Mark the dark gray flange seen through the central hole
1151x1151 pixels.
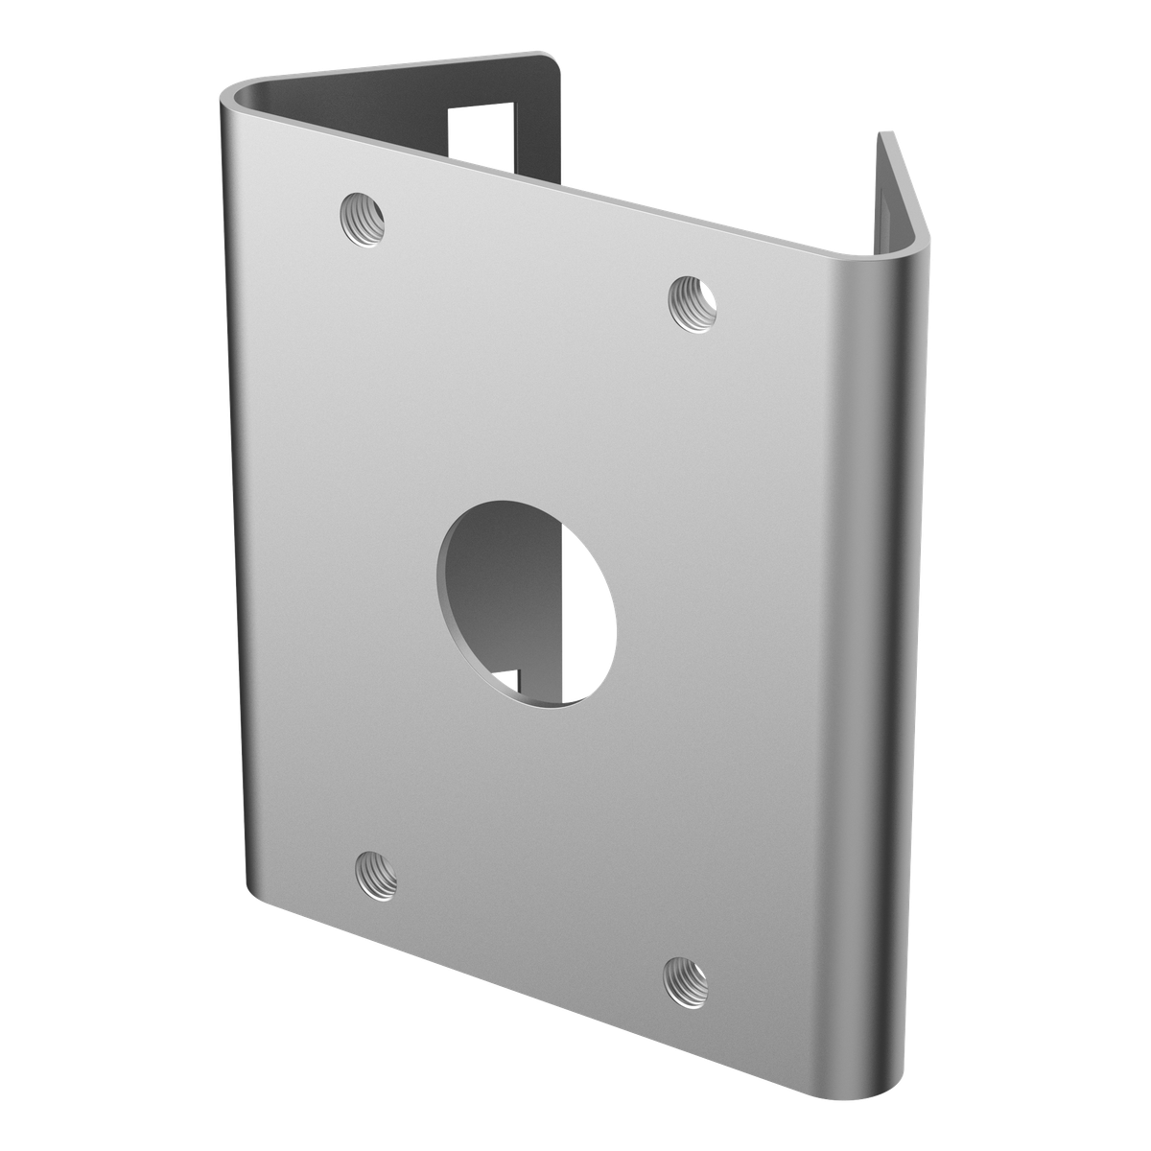point(504,585)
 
